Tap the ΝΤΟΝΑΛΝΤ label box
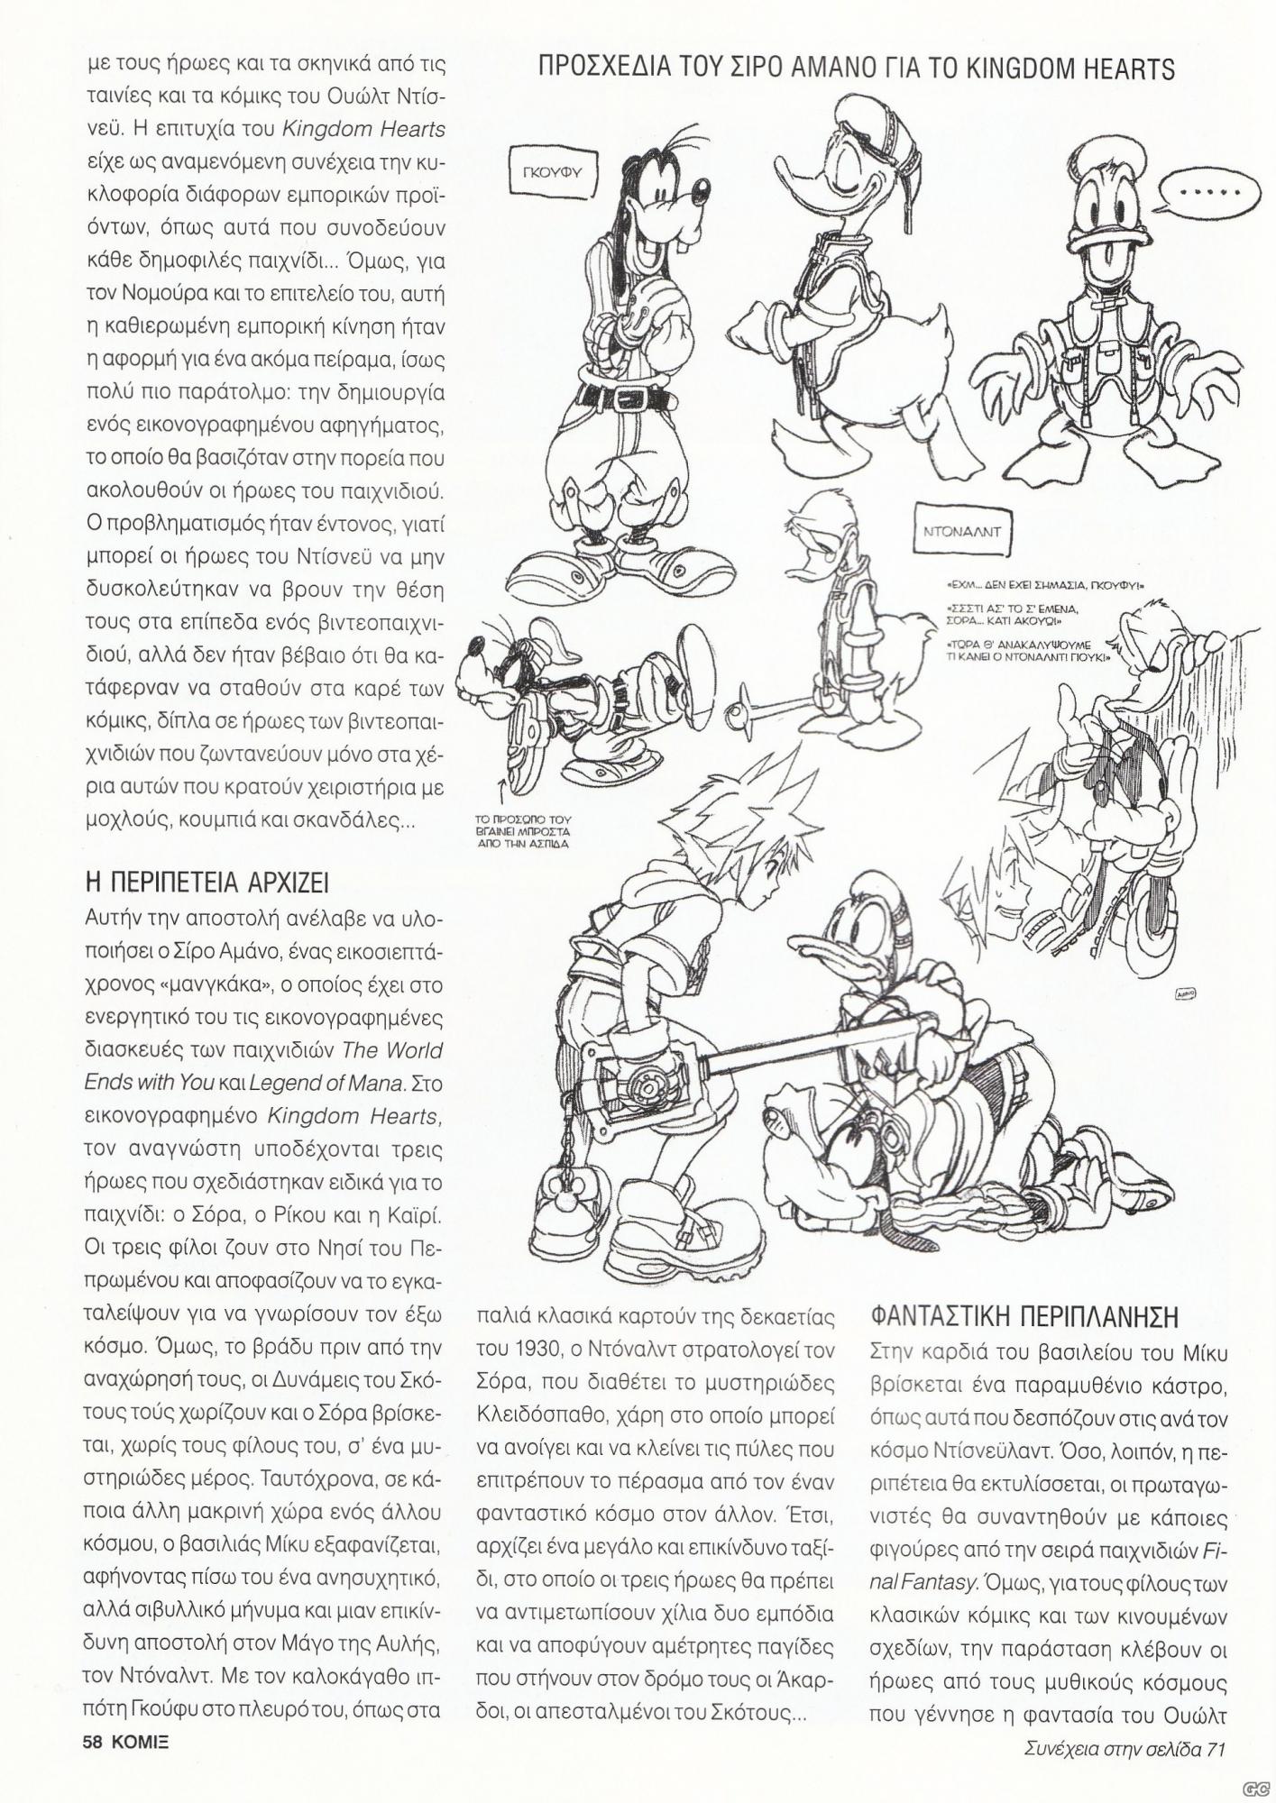964,532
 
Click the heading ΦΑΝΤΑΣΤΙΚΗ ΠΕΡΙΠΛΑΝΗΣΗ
1025,1316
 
